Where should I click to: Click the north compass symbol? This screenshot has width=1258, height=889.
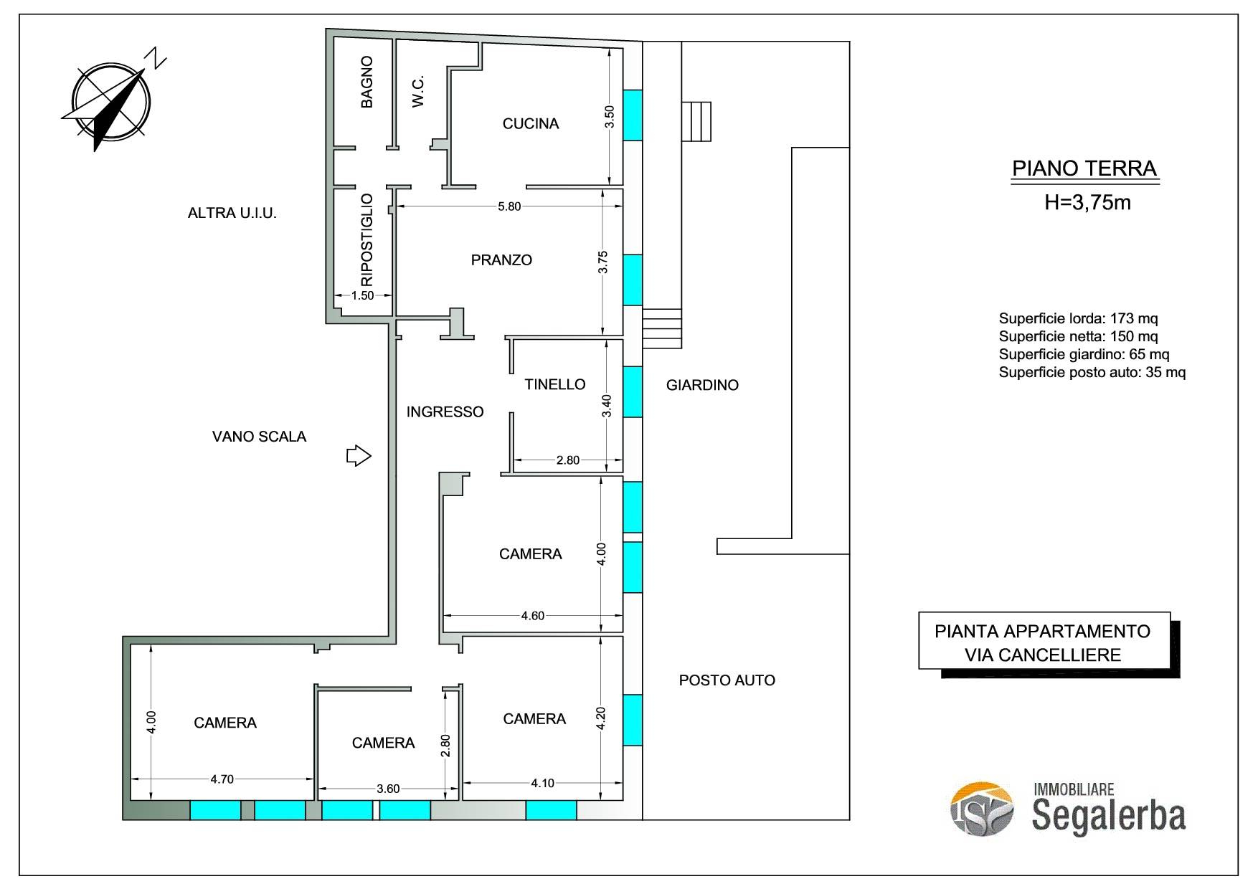point(111,100)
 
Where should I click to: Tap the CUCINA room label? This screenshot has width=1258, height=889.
point(531,124)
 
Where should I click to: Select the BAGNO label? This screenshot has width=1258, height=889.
point(366,82)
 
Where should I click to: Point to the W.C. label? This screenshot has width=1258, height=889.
point(418,91)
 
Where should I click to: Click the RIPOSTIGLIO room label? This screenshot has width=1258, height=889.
point(366,239)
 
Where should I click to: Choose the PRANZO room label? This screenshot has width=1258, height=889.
point(501,260)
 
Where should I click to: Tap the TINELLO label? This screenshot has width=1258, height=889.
point(555,384)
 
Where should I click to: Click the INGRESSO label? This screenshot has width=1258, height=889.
point(445,412)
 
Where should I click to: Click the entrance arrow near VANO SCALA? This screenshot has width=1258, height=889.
point(359,455)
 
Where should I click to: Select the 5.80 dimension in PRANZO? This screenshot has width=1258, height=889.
point(509,206)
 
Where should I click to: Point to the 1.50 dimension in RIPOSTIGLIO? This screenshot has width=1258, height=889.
point(363,295)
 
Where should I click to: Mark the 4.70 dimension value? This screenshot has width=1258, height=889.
point(222,779)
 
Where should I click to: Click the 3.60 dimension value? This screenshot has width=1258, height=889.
point(388,789)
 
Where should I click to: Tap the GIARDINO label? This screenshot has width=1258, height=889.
point(702,385)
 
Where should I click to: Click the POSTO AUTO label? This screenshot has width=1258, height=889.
point(727,680)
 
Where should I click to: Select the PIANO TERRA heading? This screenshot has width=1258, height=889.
point(1084,168)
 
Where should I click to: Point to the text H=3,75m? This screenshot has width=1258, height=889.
point(1087,203)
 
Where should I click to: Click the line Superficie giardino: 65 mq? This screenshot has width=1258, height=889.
point(1084,354)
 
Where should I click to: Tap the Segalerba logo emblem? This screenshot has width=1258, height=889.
point(982,809)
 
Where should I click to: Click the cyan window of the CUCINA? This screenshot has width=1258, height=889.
point(633,115)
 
